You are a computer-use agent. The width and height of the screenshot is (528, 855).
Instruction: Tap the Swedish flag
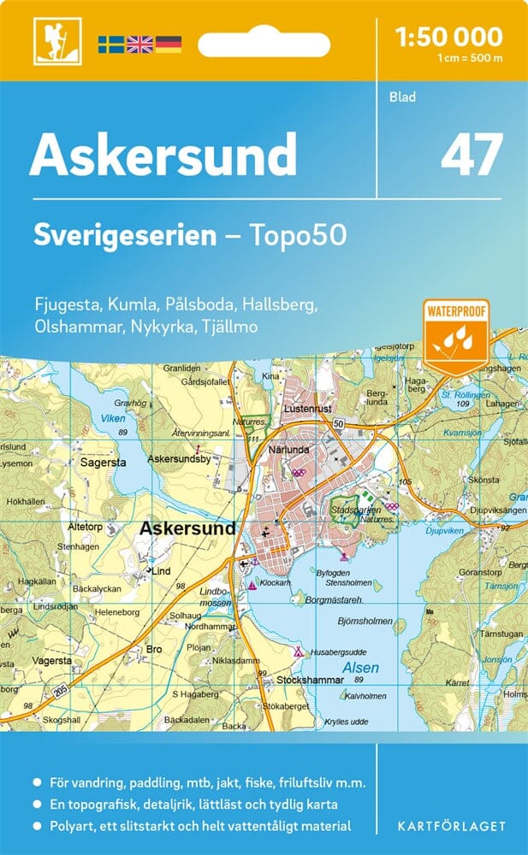coord(110,44)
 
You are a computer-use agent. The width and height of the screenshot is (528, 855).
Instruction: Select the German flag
coord(168,44)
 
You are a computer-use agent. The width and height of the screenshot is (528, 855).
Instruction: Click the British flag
coord(139,44)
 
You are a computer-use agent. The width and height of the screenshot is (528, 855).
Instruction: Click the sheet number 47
coord(471,156)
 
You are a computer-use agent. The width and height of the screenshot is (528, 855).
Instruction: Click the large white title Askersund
coord(163,155)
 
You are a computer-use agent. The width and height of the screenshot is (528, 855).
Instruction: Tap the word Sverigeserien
coord(125,235)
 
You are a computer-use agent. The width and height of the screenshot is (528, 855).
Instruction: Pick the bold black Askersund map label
coord(187,529)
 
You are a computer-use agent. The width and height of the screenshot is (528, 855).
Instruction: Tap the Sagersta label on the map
coord(103,462)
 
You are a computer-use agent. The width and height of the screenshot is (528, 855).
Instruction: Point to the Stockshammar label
coord(310,680)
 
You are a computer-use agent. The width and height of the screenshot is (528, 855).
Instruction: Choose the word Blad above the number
coord(402,97)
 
